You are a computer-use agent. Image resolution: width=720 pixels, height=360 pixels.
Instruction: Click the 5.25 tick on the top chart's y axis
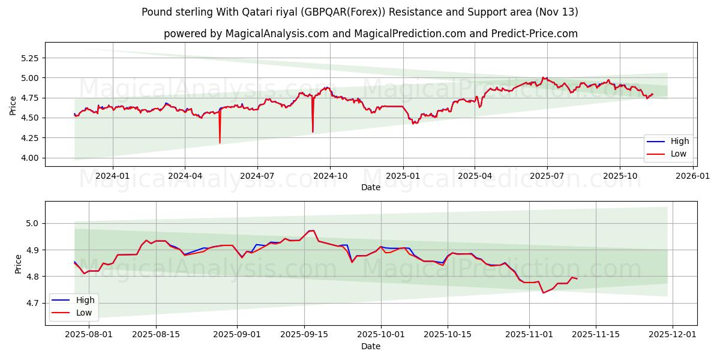click(31, 58)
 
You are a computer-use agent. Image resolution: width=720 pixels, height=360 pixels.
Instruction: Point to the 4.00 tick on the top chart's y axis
click(31, 158)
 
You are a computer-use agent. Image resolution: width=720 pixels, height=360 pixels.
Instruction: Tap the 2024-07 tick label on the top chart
click(257, 176)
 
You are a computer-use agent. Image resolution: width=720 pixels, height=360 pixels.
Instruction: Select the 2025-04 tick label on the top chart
click(475, 176)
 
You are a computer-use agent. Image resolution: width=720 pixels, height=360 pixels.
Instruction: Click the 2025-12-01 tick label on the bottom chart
click(673, 334)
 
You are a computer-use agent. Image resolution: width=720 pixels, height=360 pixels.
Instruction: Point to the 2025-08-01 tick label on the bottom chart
click(89, 334)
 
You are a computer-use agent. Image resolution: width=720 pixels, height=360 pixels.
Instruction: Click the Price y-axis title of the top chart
click(13, 106)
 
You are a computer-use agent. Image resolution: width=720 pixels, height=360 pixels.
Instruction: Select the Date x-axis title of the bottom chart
click(370, 346)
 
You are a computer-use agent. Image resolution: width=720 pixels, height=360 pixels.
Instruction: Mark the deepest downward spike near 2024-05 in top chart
click(220, 143)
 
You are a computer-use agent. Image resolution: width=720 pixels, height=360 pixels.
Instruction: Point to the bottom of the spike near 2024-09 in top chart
click(313, 131)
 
